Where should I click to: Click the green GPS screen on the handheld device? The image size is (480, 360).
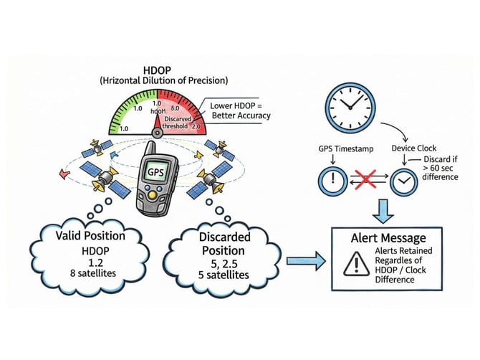click(x=157, y=172)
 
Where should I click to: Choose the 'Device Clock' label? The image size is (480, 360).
click(x=416, y=149)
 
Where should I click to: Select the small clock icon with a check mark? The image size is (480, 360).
click(x=404, y=181)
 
